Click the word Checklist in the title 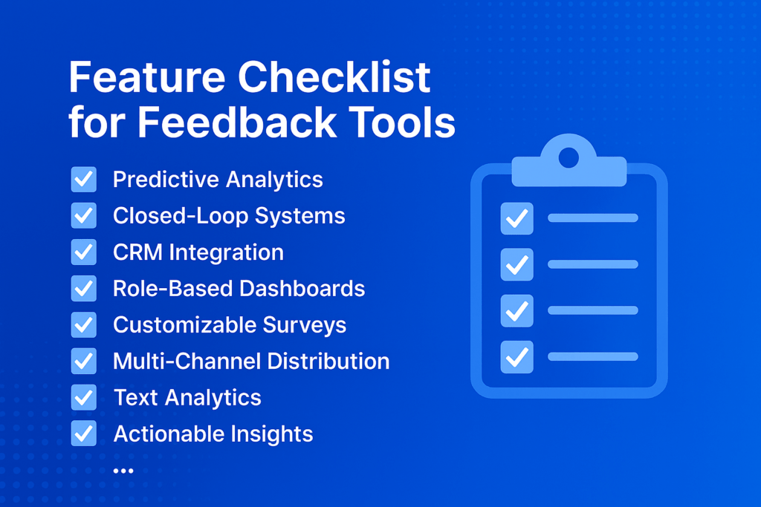coord(334,76)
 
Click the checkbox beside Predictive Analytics coord(83,180)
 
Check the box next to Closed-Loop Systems coord(83,216)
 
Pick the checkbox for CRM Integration coord(83,252)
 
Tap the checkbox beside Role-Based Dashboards coord(83,289)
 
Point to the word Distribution coord(328,361)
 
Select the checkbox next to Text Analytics coord(83,397)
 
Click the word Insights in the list coord(272,434)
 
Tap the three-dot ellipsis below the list coord(123,471)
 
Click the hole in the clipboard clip coord(569,157)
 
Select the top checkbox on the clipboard coord(517,218)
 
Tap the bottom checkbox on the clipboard coord(517,357)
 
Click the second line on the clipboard coord(592,264)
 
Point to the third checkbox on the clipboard coord(517,311)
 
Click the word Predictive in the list coord(166,180)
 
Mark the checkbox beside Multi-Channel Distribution coord(83,361)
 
